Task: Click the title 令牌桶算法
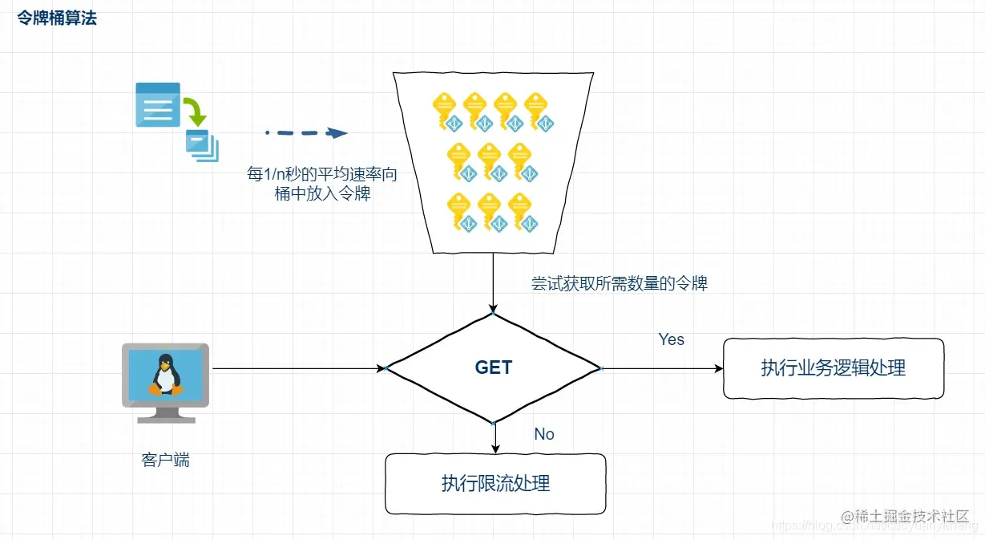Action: pyautogui.click(x=57, y=18)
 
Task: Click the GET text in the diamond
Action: pyautogui.click(x=493, y=367)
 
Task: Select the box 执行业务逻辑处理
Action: pyautogui.click(x=834, y=368)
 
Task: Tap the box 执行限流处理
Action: pyautogui.click(x=495, y=483)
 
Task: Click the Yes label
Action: pyautogui.click(x=671, y=339)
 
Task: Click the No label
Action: pyautogui.click(x=544, y=434)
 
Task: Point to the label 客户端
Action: pyautogui.click(x=166, y=460)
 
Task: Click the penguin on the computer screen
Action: pyautogui.click(x=165, y=375)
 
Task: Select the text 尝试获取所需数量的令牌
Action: pyautogui.click(x=620, y=283)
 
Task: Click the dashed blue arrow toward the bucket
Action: pyautogui.click(x=306, y=133)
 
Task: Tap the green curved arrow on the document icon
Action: pyautogui.click(x=193, y=111)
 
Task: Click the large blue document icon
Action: pyautogui.click(x=157, y=104)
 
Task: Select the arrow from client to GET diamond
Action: pyautogui.click(x=297, y=368)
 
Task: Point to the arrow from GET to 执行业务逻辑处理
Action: pyautogui.click(x=661, y=368)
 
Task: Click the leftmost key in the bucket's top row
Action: pyautogui.click(x=445, y=109)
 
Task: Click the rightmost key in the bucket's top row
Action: pyautogui.click(x=536, y=109)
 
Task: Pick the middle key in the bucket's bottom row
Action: pyautogui.click(x=490, y=210)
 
